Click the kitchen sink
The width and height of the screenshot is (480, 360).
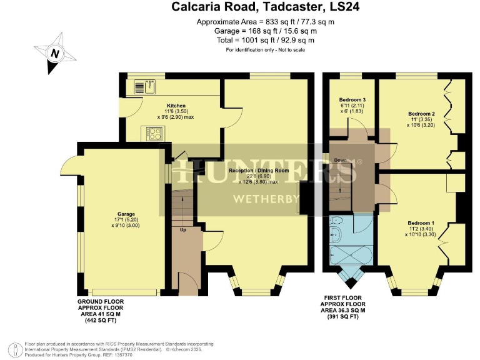coord(150,84)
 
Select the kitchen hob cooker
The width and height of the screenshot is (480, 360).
coord(154,132)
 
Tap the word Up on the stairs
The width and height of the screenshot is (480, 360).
coord(182,230)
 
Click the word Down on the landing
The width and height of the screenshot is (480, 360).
coord(340,161)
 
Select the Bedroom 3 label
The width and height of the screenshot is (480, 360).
coord(352,100)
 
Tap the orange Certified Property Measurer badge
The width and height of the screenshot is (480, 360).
coord(12,347)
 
